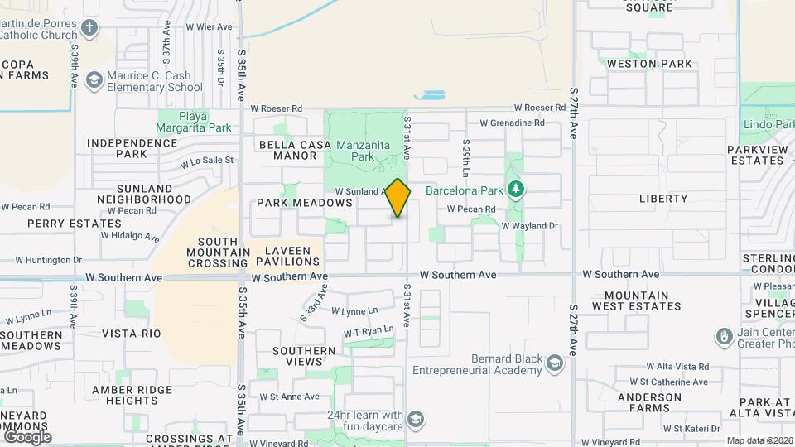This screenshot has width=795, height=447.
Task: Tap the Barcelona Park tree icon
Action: click(x=516, y=190)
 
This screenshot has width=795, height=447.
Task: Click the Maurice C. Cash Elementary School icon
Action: click(x=94, y=80)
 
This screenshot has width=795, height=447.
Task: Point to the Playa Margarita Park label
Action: click(x=194, y=122)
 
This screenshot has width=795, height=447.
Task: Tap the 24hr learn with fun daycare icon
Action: click(x=415, y=420)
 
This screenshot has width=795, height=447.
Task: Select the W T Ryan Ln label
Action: click(x=369, y=331)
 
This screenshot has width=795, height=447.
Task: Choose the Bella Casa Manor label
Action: click(x=289, y=150)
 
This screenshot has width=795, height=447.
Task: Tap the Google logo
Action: click(x=26, y=436)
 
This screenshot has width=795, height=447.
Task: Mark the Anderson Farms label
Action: click(x=648, y=403)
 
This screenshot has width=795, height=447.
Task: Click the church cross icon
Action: click(x=89, y=29)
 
